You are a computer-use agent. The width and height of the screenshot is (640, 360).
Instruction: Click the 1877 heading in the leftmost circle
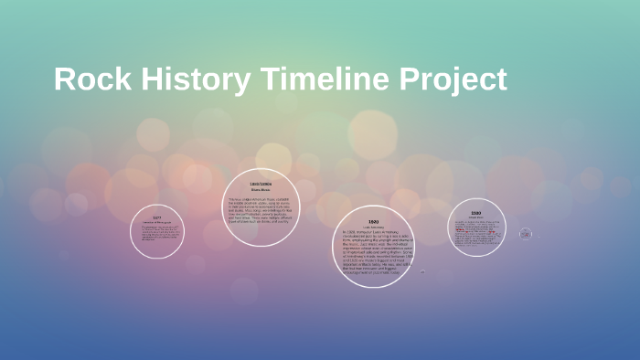click(x=157, y=218)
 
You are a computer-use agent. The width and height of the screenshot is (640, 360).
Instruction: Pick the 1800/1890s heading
click(x=261, y=185)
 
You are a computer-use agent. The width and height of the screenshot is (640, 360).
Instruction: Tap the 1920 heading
click(x=373, y=222)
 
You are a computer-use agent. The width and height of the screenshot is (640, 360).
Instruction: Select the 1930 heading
click(x=476, y=213)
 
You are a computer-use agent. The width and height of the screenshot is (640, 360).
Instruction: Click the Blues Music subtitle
click(x=261, y=191)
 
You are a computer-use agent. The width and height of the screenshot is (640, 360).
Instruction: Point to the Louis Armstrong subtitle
click(x=373, y=228)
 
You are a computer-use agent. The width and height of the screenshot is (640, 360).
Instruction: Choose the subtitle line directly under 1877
click(x=157, y=223)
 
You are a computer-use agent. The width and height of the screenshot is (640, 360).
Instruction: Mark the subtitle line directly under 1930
click(x=476, y=217)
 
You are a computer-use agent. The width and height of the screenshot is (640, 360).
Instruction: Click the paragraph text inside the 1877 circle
click(x=157, y=234)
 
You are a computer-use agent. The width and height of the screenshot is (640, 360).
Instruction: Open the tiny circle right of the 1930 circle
click(x=526, y=234)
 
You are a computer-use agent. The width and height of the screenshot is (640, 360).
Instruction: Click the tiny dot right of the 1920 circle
click(x=421, y=271)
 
